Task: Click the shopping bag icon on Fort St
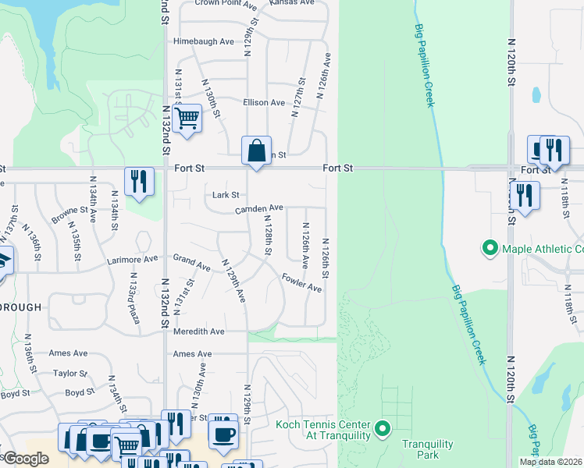click(x=256, y=150)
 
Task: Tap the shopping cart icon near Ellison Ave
click(x=187, y=119)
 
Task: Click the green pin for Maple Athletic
click(x=490, y=249)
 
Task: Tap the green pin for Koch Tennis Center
click(x=383, y=429)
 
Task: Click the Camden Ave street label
click(x=259, y=208)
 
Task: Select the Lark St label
click(x=225, y=195)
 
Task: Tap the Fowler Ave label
click(x=302, y=282)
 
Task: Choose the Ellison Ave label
click(x=264, y=103)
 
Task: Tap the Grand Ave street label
click(x=192, y=262)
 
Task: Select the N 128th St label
click(x=266, y=237)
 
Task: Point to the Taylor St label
click(x=70, y=374)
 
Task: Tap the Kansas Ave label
click(x=290, y=3)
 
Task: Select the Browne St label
click(x=70, y=211)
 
